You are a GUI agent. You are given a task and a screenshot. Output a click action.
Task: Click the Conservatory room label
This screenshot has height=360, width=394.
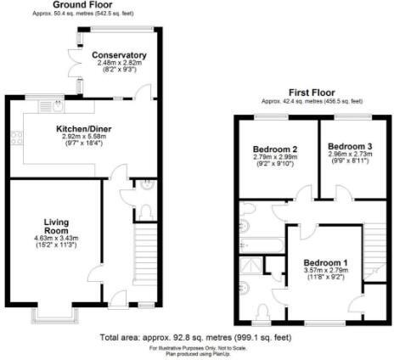click(122, 55)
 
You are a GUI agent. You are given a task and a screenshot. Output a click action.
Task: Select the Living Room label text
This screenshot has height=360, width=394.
click(56, 228)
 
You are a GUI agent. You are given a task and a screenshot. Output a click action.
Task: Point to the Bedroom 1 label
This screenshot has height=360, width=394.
click(328, 262)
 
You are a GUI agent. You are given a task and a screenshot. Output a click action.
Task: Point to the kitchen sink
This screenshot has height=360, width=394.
click(58, 108)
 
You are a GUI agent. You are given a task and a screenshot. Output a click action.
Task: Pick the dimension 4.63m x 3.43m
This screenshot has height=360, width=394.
click(56, 241)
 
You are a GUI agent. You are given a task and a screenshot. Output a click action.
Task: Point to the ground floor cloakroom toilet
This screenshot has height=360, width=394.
click(145, 210)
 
